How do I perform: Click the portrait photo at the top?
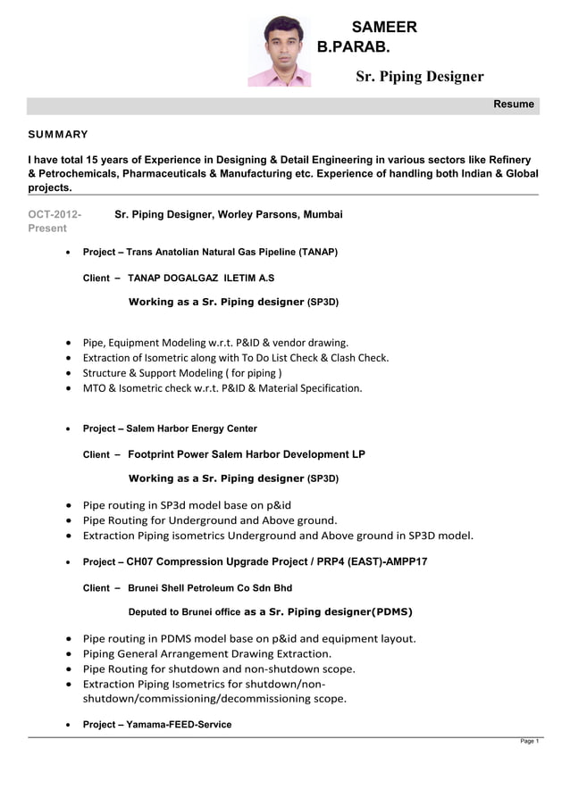click(280, 51)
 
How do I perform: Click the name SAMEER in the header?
click(384, 28)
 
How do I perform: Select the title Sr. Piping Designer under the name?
click(419, 77)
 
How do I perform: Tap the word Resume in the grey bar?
click(514, 104)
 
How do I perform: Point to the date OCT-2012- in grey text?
click(54, 215)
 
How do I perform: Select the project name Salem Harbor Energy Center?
click(191, 428)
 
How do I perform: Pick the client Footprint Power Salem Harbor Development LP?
click(247, 454)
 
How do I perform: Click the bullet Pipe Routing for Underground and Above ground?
click(209, 520)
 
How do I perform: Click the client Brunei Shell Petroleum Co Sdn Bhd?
click(210, 588)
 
